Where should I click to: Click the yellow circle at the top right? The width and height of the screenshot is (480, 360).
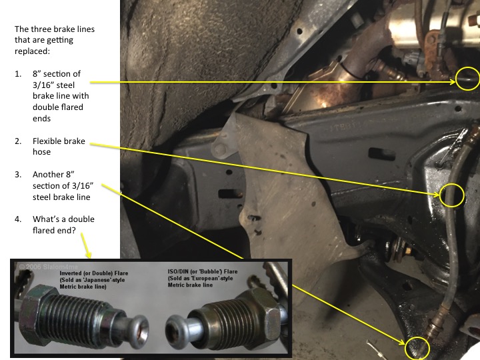click(x=456, y=79)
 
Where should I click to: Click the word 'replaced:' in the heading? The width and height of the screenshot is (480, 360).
click(x=32, y=51)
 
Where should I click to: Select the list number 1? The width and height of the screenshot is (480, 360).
click(x=18, y=74)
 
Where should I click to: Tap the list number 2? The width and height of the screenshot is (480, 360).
click(x=18, y=141)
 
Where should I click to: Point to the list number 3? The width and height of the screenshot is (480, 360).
click(x=18, y=175)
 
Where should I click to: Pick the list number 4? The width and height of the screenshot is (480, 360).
click(x=18, y=219)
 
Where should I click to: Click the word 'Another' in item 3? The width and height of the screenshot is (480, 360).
click(x=49, y=175)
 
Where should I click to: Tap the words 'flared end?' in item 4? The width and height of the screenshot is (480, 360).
click(x=54, y=230)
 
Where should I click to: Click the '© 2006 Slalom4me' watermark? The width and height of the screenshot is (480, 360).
click(x=49, y=267)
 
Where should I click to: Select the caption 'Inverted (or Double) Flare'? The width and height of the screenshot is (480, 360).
click(x=94, y=273)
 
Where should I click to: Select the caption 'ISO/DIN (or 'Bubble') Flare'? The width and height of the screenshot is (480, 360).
click(x=203, y=271)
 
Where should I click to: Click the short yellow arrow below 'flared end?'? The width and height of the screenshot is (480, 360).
click(x=86, y=245)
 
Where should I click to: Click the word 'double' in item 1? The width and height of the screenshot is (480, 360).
click(x=47, y=107)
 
